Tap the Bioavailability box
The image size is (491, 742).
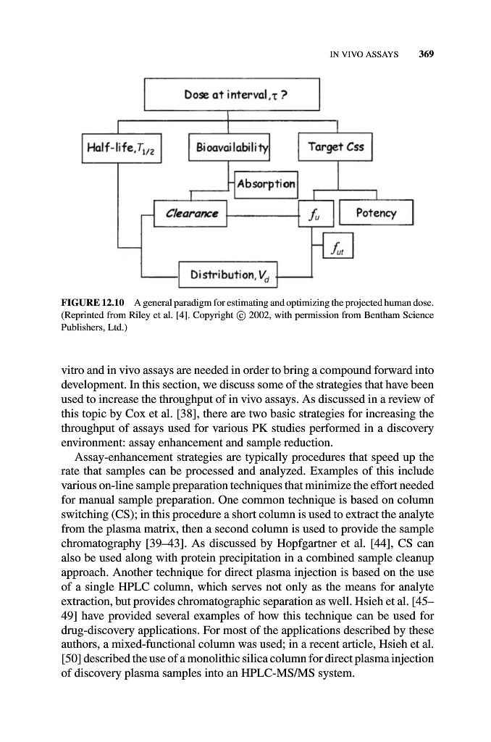click(229, 149)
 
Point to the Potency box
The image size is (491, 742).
click(377, 212)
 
